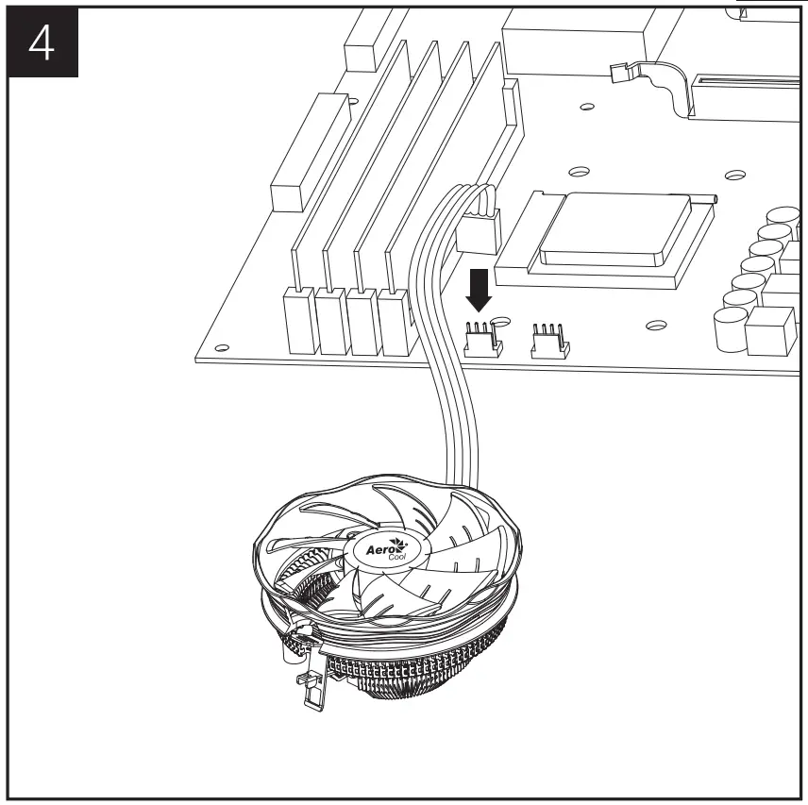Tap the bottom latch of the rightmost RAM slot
click(393, 321)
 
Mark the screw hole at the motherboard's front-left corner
click(220, 345)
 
